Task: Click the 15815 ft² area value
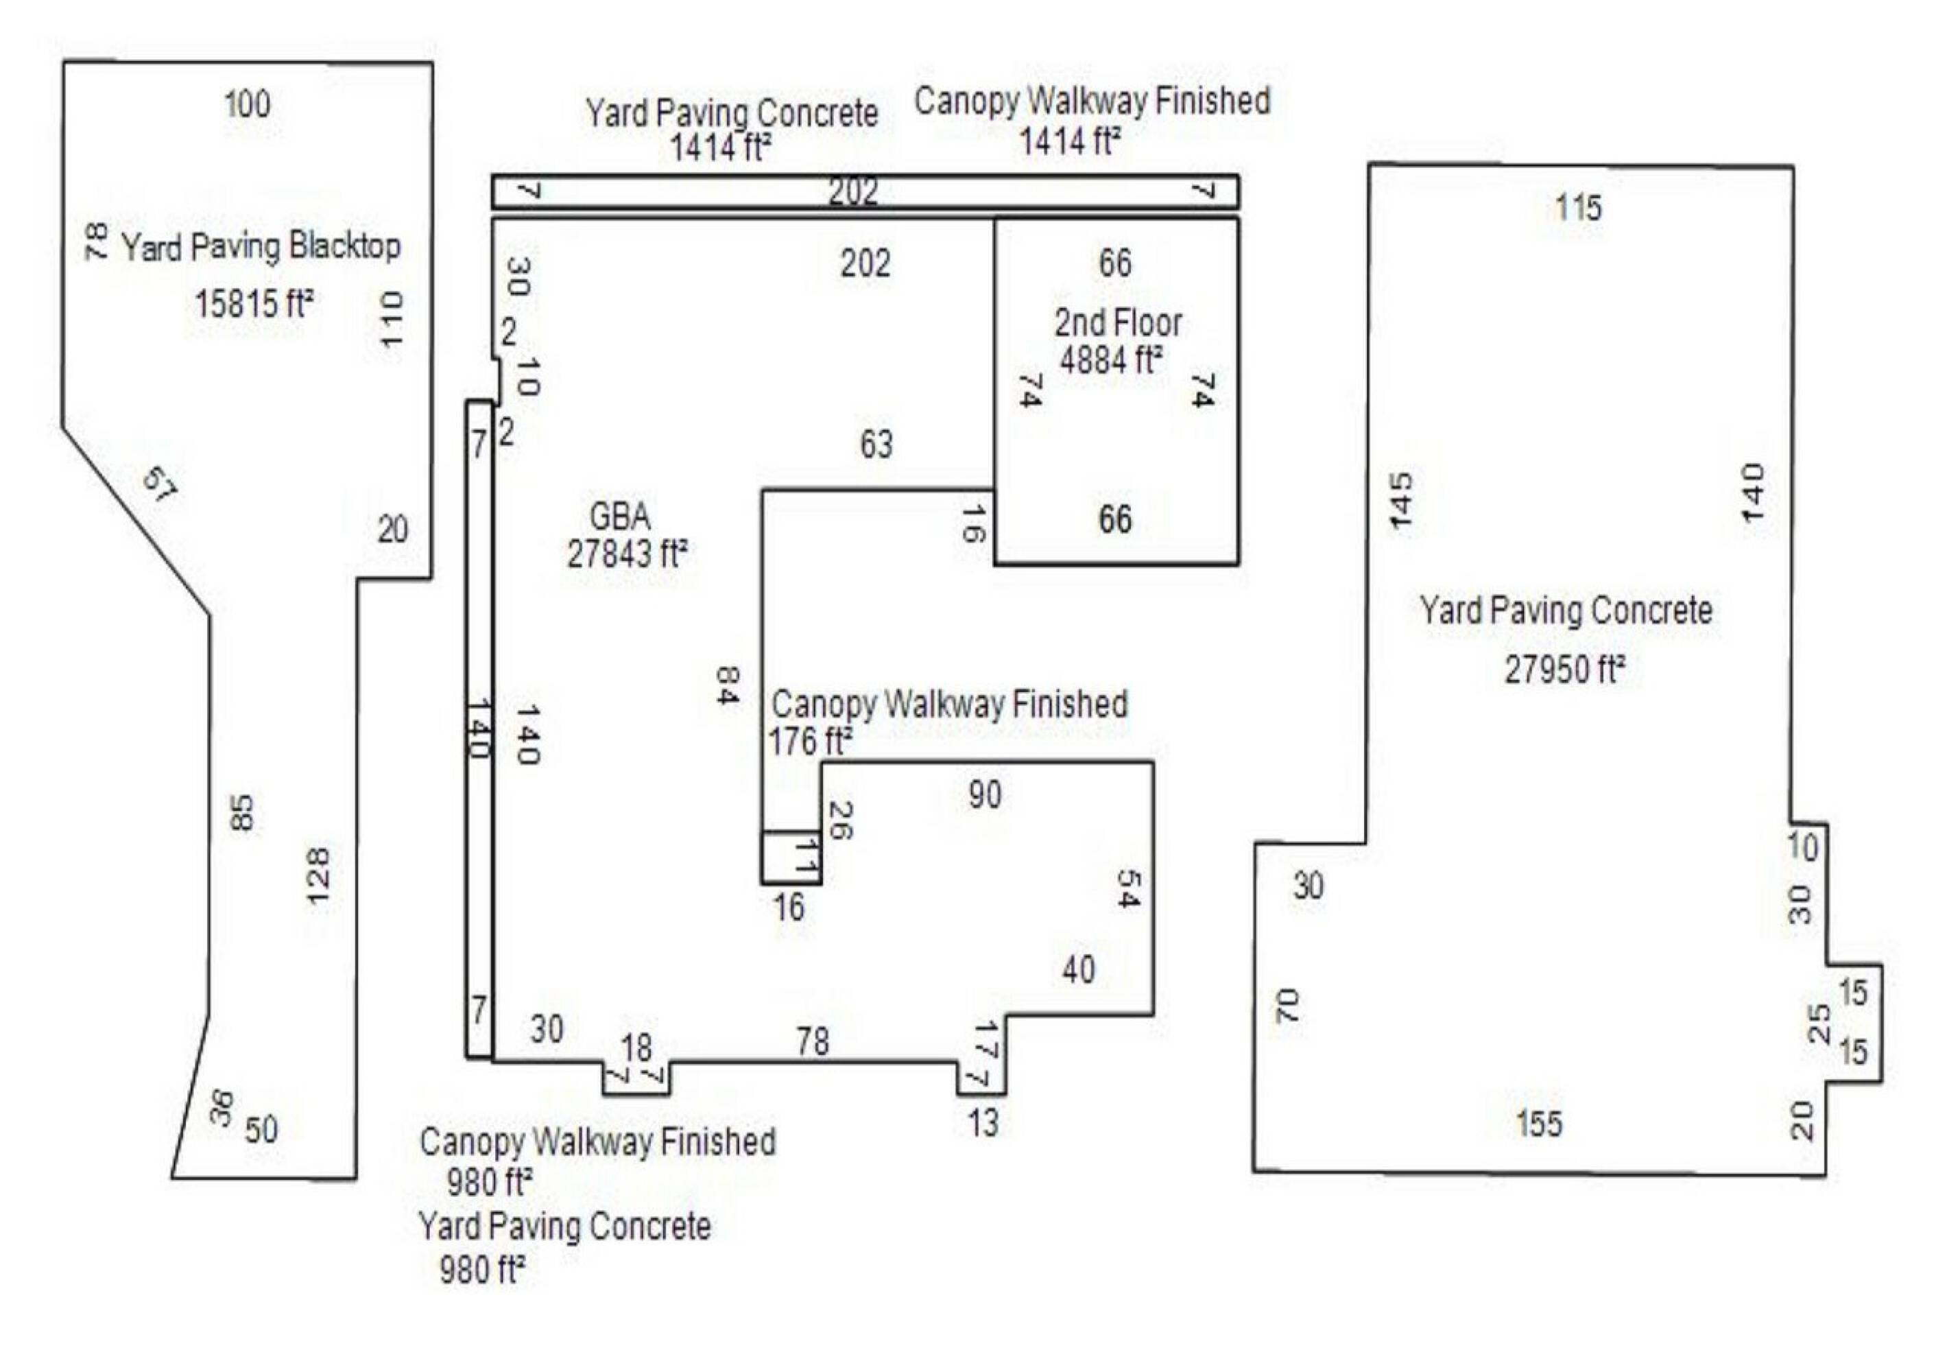pos(254,303)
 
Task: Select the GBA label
pos(620,516)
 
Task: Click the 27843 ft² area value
pos(628,554)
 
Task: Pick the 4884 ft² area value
pos(1110,359)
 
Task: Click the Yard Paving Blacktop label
pos(261,247)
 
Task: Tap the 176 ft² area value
pos(809,741)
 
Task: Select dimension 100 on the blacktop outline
pos(247,104)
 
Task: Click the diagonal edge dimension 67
pos(160,485)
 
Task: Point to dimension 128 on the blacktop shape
pos(317,879)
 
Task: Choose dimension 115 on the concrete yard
pos(1577,207)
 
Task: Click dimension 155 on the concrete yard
pos(1539,1124)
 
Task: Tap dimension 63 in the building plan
pos(876,444)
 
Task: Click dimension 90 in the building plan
pos(984,795)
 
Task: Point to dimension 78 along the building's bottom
pos(812,1041)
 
